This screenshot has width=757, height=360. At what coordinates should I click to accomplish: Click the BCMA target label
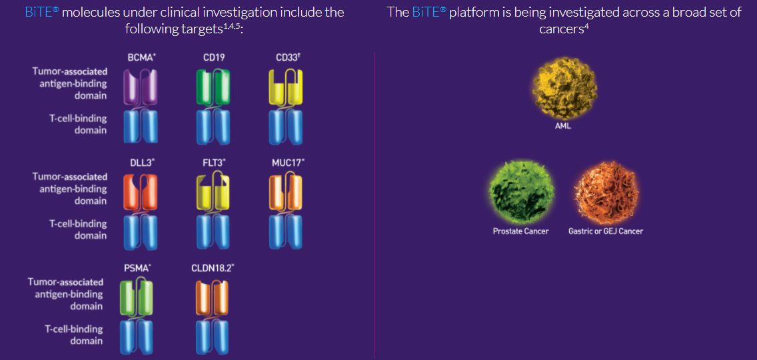pos(140,57)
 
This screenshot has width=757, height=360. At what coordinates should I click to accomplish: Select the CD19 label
pos(214,57)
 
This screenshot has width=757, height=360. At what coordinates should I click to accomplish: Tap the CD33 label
pos(285,57)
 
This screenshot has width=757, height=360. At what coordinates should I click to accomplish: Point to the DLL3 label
pos(140,163)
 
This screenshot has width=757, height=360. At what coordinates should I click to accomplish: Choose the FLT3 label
pos(213,163)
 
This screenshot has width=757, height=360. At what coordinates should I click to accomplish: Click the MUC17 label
pos(287,163)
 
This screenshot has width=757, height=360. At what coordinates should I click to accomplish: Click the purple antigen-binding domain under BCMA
pos(141,86)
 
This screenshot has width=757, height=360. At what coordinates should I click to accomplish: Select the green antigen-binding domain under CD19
pos(214,86)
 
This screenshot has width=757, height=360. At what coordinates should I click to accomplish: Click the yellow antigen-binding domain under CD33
pos(286,87)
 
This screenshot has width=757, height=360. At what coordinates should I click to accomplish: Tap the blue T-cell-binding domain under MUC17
pos(286,231)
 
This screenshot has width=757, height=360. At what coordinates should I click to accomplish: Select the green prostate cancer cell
pos(521,193)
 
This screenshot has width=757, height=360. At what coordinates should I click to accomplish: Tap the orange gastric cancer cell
pos(606,193)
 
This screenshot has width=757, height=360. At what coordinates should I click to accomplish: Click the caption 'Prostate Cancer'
pos(521,231)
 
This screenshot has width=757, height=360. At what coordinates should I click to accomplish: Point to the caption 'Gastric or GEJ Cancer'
pos(606,231)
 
